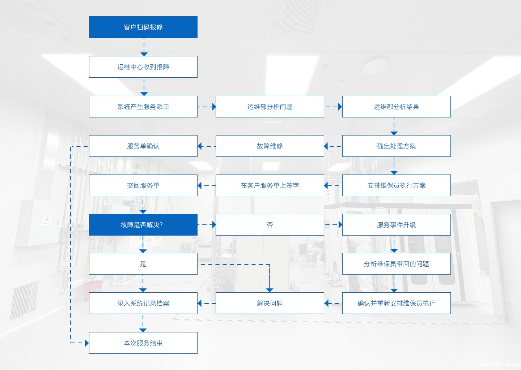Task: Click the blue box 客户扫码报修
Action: pyautogui.click(x=143, y=27)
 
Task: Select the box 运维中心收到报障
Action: pyautogui.click(x=143, y=67)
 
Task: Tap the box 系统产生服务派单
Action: pyautogui.click(x=143, y=107)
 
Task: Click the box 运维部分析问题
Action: pyautogui.click(x=270, y=107)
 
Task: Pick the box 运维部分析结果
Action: pyautogui.click(x=397, y=107)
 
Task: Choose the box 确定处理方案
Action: pyautogui.click(x=397, y=146)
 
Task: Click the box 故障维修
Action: pyautogui.click(x=270, y=146)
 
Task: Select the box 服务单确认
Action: pyautogui.click(x=143, y=146)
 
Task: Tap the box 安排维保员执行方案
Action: pyautogui.click(x=397, y=185)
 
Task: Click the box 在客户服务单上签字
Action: pyautogui.click(x=270, y=185)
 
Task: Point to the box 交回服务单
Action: pyautogui.click(x=143, y=185)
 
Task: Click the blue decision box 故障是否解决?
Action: pyautogui.click(x=143, y=225)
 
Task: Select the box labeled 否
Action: pyautogui.click(x=270, y=225)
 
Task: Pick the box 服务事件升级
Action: pyautogui.click(x=397, y=225)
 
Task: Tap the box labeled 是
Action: pyautogui.click(x=143, y=264)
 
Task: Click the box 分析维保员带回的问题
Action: pyautogui.click(x=397, y=264)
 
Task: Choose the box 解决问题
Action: pyautogui.click(x=270, y=303)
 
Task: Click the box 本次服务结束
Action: pyautogui.click(x=143, y=343)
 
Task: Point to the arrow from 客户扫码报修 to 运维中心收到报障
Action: pyautogui.click(x=144, y=47)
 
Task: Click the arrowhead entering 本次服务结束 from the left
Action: pyautogui.click(x=86, y=343)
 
